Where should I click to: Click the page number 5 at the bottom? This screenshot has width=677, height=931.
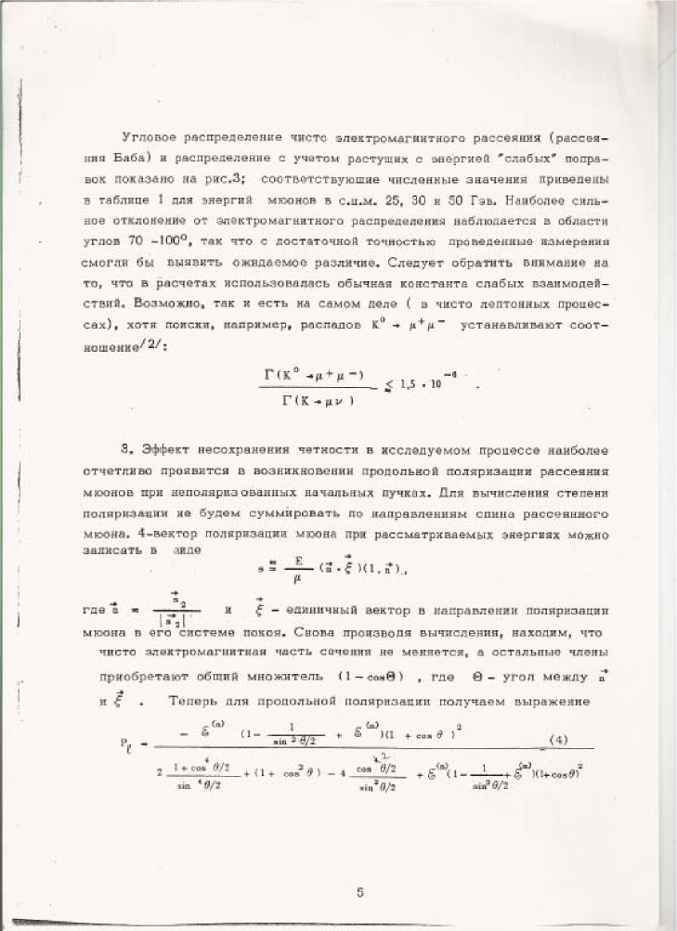coord(359,893)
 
